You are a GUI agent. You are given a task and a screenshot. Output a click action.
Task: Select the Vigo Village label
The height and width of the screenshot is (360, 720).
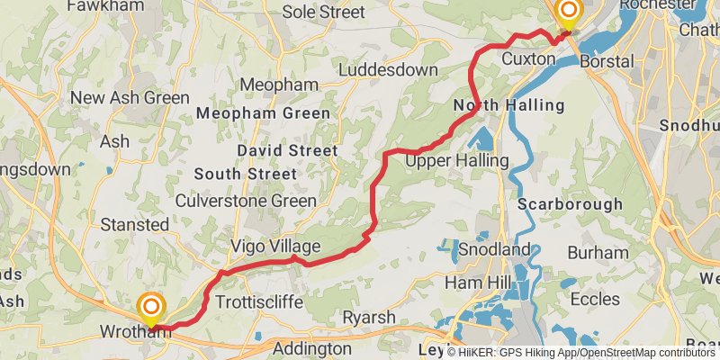pyautogui.click(x=275, y=247)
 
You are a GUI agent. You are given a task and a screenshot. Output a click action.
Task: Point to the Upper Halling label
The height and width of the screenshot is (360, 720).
pyautogui.click(x=457, y=160)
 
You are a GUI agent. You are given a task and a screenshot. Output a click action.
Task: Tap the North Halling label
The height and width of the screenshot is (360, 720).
pyautogui.click(x=508, y=105)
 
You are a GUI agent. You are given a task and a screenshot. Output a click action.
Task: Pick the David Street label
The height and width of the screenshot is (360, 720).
pyautogui.click(x=287, y=150)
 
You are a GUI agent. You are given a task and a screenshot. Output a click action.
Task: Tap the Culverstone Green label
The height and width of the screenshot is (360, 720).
pyautogui.click(x=246, y=201)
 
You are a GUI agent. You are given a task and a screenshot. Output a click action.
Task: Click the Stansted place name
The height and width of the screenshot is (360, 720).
pyautogui.click(x=135, y=224)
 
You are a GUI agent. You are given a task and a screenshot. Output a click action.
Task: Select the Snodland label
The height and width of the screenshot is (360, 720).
pyautogui.click(x=494, y=248)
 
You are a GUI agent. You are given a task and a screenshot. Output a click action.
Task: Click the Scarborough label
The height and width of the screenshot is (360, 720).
pyautogui.click(x=570, y=204)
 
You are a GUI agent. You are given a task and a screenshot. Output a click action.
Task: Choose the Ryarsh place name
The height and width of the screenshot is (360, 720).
pyautogui.click(x=368, y=318)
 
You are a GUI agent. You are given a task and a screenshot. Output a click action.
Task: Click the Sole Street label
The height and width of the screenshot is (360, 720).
pyautogui.click(x=324, y=13)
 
